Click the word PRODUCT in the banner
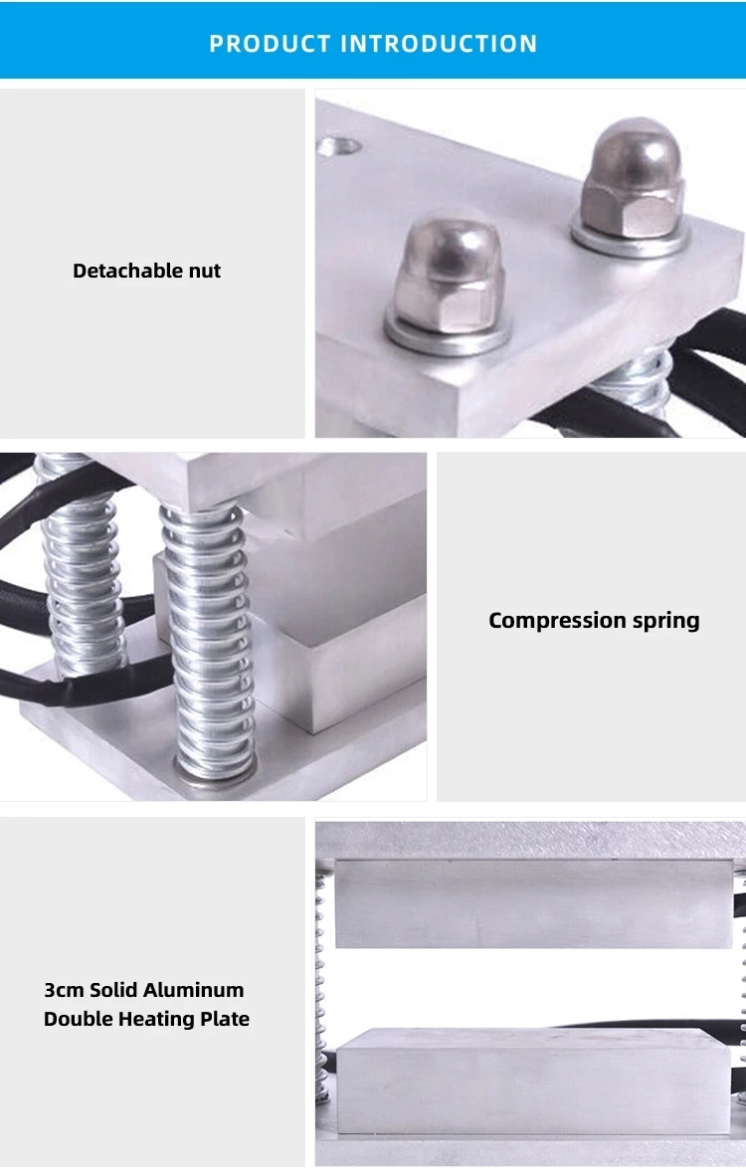[270, 44]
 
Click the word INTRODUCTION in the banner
[439, 44]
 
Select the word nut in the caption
[205, 272]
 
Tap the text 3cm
[64, 991]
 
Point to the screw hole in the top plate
[339, 146]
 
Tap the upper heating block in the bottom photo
[533, 903]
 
